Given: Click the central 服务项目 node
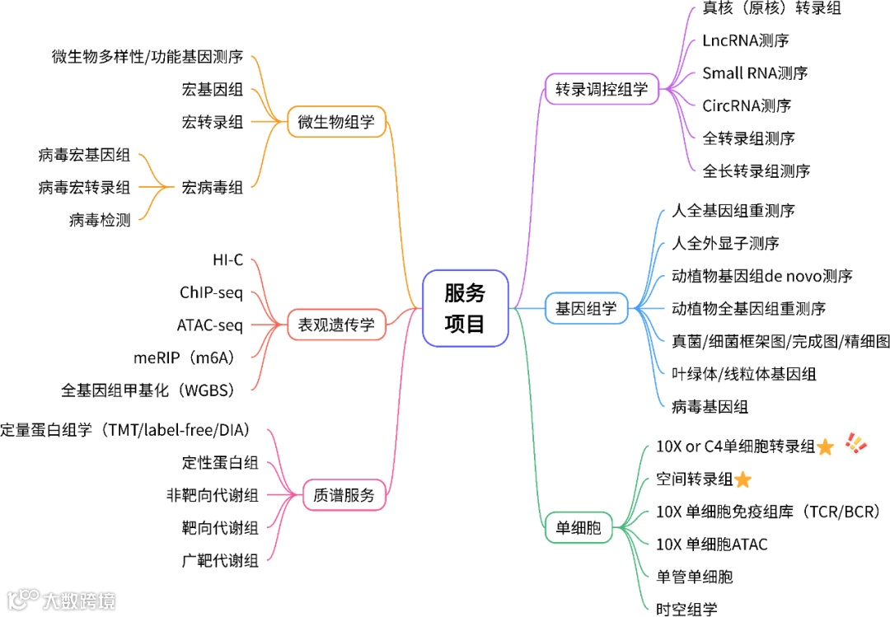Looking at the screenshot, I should pyautogui.click(x=465, y=307).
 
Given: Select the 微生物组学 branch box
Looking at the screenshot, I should pyautogui.click(x=336, y=123).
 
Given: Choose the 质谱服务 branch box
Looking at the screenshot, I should pyautogui.click(x=344, y=495).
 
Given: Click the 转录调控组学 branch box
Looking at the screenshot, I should pyautogui.click(x=602, y=89).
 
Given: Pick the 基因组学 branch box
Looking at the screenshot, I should pyautogui.click(x=586, y=309).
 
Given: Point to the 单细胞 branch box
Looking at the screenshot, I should pyautogui.click(x=578, y=528).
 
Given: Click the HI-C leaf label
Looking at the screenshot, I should pyautogui.click(x=227, y=260).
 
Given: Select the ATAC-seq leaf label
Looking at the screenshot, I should pyautogui.click(x=210, y=325).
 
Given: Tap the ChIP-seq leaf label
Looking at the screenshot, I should pyautogui.click(x=211, y=292).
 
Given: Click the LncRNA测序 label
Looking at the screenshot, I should pyautogui.click(x=746, y=40).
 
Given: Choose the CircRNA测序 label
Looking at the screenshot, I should pyautogui.click(x=747, y=105).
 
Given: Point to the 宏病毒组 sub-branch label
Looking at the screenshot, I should pyautogui.click(x=213, y=188).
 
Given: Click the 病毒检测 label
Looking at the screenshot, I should pyautogui.click(x=100, y=220).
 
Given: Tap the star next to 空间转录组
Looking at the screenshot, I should pyautogui.click(x=742, y=479).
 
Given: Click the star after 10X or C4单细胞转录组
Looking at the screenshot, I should pyautogui.click(x=826, y=447).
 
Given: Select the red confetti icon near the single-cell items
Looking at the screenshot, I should pyautogui.click(x=856, y=445).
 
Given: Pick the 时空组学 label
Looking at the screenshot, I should pyautogui.click(x=686, y=610).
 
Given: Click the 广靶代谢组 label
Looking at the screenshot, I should pyautogui.click(x=220, y=561).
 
